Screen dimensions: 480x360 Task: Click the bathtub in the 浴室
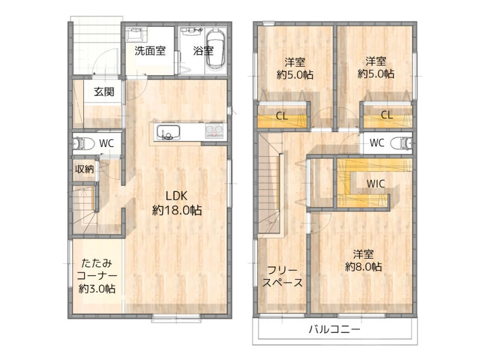click(215, 49)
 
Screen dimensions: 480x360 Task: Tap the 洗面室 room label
click(150, 51)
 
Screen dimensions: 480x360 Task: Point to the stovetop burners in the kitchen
click(214, 131)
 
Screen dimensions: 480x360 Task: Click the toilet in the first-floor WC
click(83, 143)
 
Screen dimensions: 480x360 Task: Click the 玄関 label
click(104, 91)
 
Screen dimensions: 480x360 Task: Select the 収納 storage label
click(84, 169)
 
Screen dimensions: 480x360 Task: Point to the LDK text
click(176, 196)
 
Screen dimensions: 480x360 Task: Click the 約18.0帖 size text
click(177, 211)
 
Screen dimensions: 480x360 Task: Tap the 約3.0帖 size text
click(97, 289)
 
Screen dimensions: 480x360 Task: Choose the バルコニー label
click(335, 329)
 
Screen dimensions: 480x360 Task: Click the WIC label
click(376, 184)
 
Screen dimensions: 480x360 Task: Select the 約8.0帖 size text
click(364, 266)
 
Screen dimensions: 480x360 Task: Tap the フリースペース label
click(282, 276)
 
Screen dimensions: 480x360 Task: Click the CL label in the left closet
click(282, 116)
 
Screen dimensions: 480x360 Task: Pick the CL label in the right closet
click(386, 115)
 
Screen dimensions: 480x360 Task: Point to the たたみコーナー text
click(97, 269)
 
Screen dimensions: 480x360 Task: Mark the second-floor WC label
click(377, 143)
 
